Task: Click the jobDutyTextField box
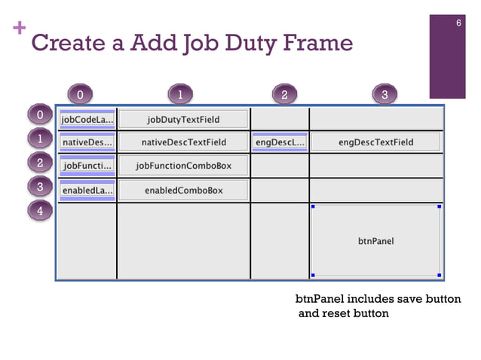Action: [183, 119]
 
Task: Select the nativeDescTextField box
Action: [183, 142]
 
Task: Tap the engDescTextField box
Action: [375, 142]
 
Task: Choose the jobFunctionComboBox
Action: [183, 166]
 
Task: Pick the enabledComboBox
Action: [183, 191]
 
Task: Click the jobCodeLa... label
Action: [87, 120]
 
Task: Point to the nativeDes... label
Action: [87, 142]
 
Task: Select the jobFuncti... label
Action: [87, 166]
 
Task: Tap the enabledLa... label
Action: [87, 191]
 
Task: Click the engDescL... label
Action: [280, 142]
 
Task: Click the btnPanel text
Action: [375, 242]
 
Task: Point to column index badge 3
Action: [384, 94]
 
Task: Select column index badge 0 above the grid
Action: [80, 94]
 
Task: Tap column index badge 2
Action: [284, 94]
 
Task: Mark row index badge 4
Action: [40, 210]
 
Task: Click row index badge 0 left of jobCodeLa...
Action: [40, 115]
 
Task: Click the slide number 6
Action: [458, 23]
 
